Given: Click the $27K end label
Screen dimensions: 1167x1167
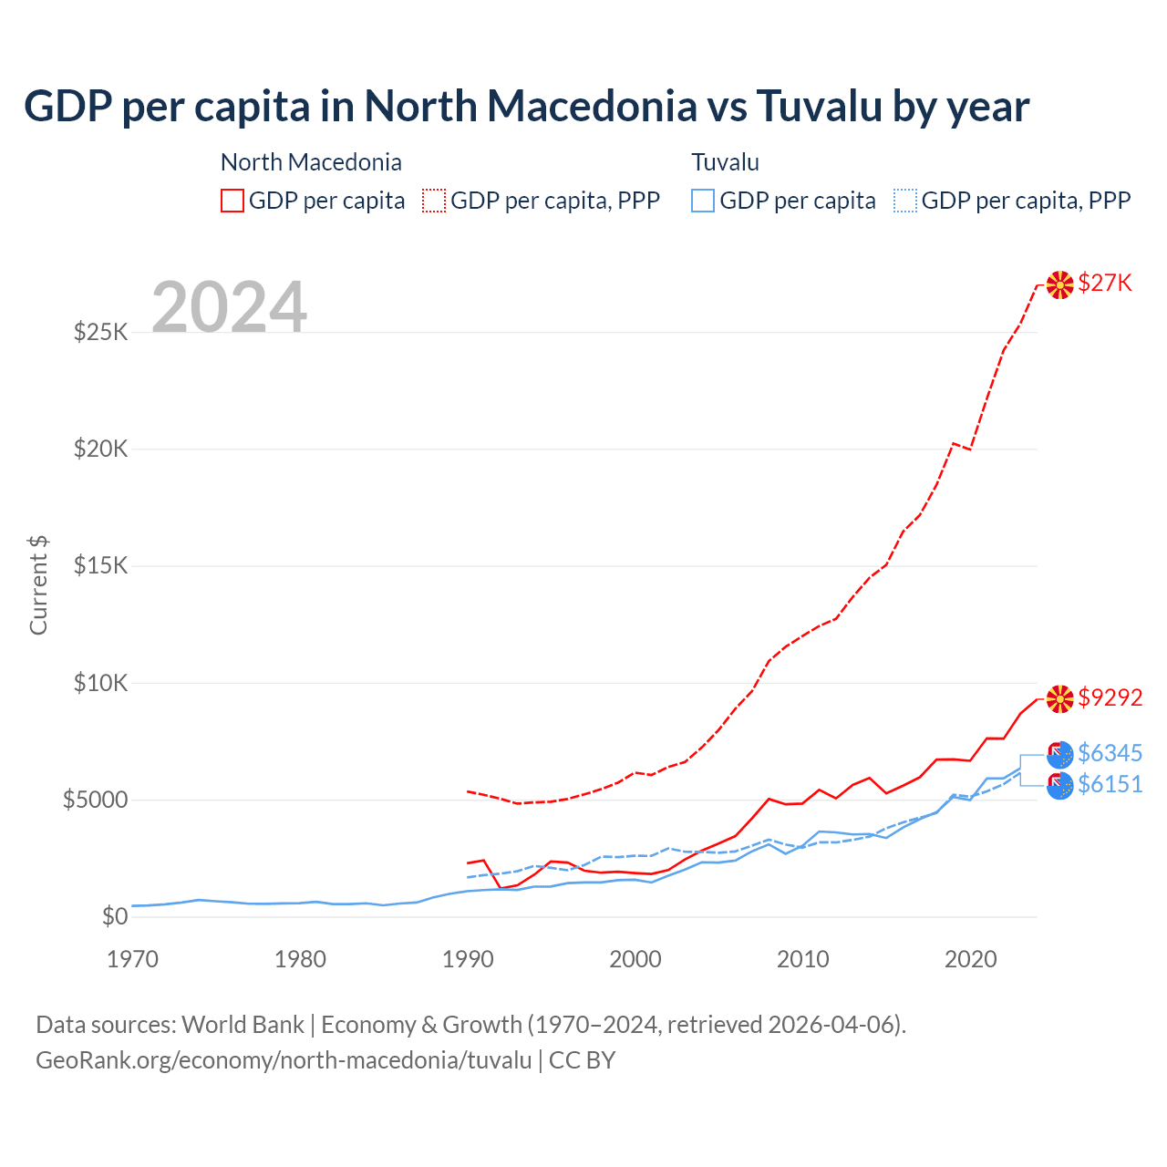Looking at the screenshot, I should point(1104,284).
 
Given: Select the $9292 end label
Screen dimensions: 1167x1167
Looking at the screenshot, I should point(1110,697).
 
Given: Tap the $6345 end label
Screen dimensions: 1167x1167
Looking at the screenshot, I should point(1110,753).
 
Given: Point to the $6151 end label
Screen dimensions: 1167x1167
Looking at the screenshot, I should point(1110,784).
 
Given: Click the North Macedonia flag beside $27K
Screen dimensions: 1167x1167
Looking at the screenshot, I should point(1059,284).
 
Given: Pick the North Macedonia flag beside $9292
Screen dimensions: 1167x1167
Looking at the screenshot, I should point(1059,698).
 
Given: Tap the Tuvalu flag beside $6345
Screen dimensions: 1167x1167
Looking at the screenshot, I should point(1059,754).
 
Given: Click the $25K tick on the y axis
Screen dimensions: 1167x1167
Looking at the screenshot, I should point(101,332).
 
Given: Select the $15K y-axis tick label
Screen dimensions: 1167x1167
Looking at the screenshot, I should point(101,566).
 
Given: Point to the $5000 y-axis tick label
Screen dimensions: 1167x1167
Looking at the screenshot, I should point(95,800).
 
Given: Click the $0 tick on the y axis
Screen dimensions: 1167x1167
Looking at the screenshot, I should point(114,917).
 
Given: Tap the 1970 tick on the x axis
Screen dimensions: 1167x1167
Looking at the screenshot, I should point(133,959).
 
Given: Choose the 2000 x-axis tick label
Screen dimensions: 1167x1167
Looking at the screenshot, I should point(635,959).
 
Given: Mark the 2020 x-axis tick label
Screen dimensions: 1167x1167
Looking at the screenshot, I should point(970,959).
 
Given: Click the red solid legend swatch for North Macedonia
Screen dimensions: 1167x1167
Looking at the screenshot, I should point(232,201).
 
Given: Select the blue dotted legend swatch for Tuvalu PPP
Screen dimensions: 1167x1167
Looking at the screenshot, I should point(905,201).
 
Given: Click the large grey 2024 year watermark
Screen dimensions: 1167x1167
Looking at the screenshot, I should point(229,307).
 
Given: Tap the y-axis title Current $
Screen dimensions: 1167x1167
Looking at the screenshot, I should point(38,584).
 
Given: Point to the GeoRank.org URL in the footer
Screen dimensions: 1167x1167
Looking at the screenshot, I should point(284,1060).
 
